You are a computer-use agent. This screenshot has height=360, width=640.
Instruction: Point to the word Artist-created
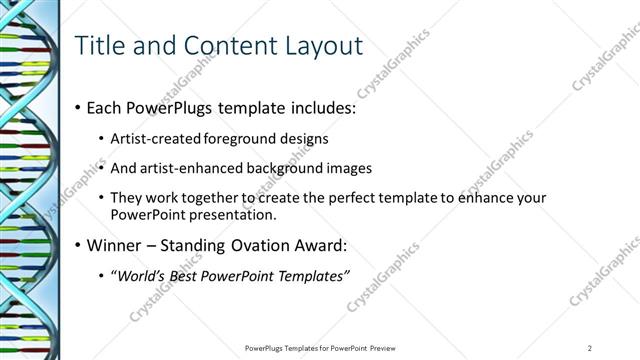point(164,138)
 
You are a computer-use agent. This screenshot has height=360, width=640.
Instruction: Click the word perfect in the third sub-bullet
point(324,198)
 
